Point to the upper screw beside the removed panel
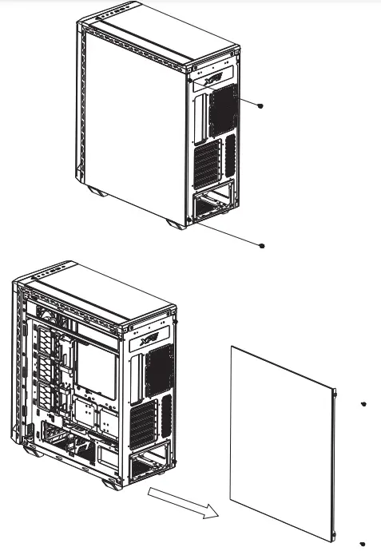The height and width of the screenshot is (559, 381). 363,405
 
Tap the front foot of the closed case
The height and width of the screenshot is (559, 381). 97,192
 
